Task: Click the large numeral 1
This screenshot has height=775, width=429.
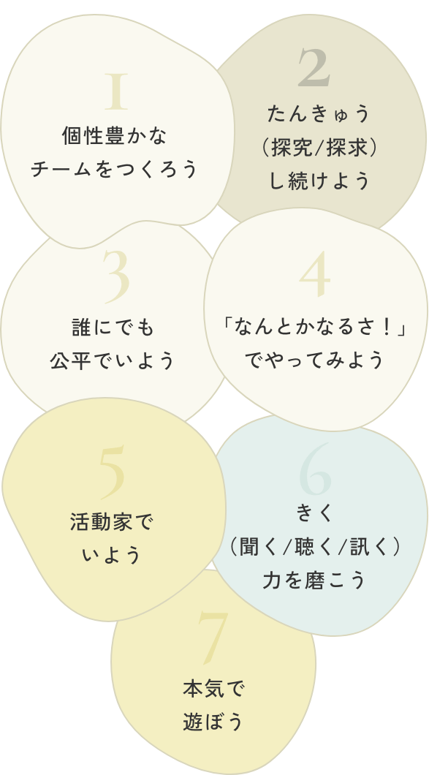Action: (117, 91)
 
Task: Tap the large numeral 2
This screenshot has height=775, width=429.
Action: (314, 67)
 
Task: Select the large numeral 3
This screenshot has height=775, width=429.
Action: (117, 277)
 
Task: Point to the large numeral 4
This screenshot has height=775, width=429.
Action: (315, 274)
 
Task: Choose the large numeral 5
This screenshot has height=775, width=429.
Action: (112, 472)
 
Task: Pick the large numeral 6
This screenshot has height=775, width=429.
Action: (315, 470)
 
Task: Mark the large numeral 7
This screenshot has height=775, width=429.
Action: (213, 638)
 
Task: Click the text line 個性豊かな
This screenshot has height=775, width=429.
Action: (115, 136)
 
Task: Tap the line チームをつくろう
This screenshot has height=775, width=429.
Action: (115, 169)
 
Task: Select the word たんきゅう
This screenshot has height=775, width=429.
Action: (319, 114)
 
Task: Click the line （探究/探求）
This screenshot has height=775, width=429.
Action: (319, 147)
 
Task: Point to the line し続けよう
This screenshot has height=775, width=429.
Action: (319, 181)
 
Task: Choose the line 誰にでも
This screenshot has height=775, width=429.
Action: (114, 328)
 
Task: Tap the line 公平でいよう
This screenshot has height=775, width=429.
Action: (113, 360)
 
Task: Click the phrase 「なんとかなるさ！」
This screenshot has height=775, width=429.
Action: (315, 328)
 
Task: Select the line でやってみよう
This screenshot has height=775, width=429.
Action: (315, 360)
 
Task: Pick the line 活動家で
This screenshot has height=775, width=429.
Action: (113, 523)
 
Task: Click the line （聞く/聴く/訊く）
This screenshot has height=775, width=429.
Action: (315, 547)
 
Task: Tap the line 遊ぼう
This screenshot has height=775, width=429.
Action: (213, 722)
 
